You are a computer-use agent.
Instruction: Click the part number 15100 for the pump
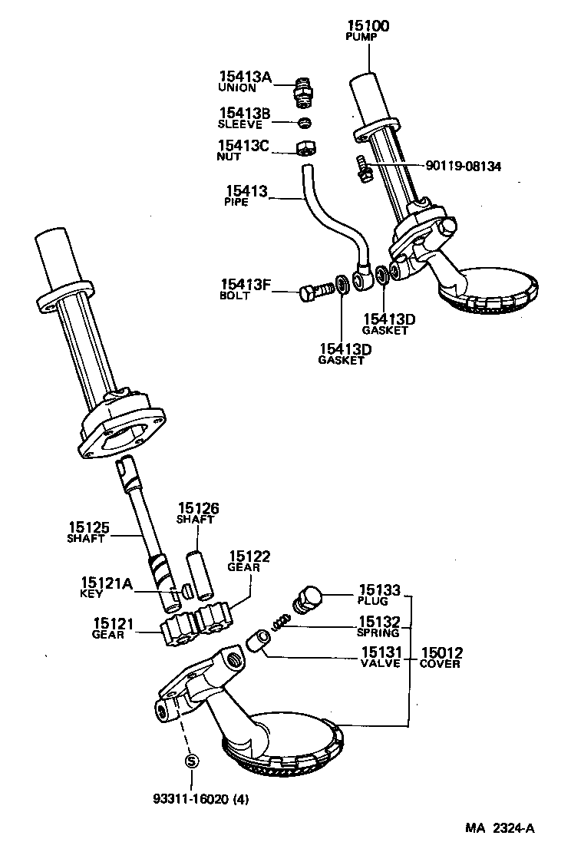368,26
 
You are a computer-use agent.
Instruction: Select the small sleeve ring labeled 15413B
305,123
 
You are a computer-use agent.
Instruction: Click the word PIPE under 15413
236,203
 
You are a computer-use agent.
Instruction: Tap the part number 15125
89,527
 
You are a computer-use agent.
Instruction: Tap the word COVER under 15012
440,664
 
